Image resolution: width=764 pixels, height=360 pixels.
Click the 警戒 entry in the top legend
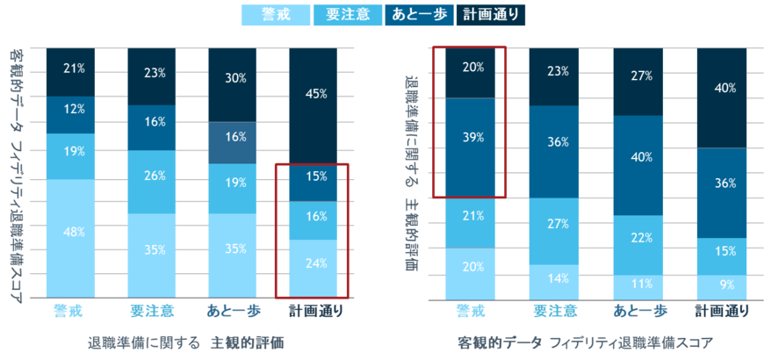click(x=274, y=13)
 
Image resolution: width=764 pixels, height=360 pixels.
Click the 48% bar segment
click(x=75, y=233)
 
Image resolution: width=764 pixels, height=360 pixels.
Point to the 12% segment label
click(x=75, y=109)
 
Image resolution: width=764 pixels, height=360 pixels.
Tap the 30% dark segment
click(x=236, y=78)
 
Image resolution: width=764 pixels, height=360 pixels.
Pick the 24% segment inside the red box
click(x=315, y=263)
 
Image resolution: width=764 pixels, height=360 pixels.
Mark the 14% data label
click(x=556, y=278)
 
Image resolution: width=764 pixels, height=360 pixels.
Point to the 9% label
click(x=721, y=285)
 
